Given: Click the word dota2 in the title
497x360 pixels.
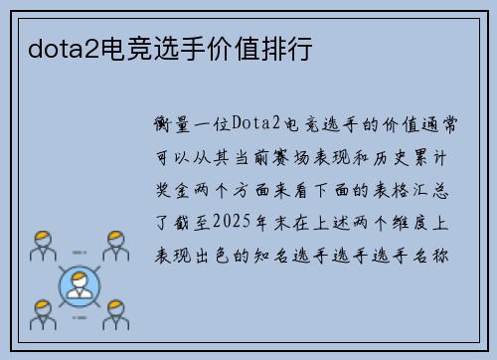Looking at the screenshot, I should pyautogui.click(x=52, y=47).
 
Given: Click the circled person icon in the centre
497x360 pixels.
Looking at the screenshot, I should pyautogui.click(x=81, y=283).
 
